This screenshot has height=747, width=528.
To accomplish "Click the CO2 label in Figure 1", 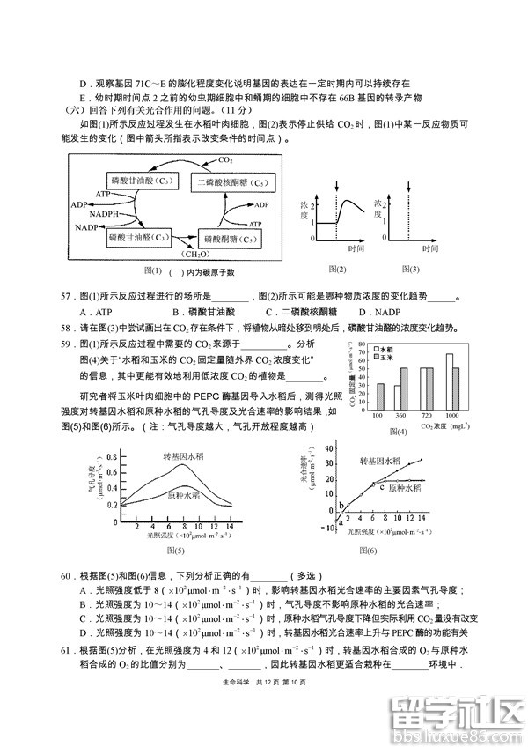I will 225,159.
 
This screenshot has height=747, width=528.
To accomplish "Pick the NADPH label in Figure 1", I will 104,214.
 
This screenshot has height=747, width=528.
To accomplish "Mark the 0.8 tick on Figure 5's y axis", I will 110,457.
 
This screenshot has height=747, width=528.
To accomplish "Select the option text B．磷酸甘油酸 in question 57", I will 205,312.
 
